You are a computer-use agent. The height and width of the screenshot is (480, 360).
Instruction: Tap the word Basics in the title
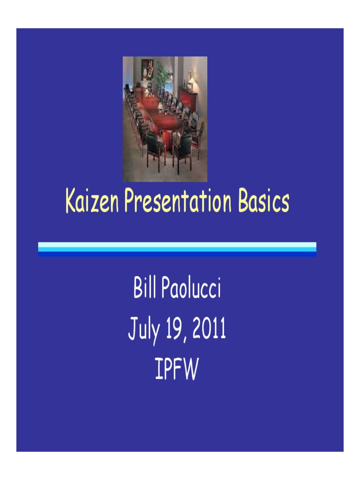click(263, 202)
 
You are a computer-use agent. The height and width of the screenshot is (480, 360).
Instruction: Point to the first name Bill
click(144, 289)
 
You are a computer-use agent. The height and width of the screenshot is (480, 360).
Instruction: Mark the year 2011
click(212, 329)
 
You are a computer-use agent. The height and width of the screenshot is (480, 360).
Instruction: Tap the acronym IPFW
click(177, 370)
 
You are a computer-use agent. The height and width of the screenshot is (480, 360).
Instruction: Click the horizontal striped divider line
click(177, 249)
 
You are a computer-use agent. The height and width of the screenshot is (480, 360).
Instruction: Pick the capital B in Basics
click(244, 202)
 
